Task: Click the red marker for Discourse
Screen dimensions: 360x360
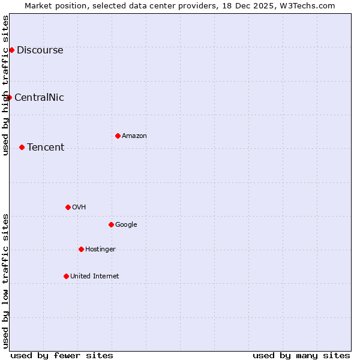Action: click(11, 50)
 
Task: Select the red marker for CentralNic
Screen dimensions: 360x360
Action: click(9, 97)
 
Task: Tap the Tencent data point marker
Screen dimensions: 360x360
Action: click(22, 147)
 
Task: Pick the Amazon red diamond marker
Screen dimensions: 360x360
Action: click(118, 136)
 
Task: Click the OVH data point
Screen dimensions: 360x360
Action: click(68, 207)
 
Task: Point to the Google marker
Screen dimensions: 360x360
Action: click(111, 224)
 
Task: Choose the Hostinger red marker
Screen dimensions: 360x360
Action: click(81, 249)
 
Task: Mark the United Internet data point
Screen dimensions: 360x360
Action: click(66, 276)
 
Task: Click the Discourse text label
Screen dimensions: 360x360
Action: click(40, 50)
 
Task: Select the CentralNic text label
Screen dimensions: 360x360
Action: click(39, 97)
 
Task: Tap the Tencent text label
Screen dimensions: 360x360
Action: click(46, 147)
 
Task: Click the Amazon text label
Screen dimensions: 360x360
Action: click(134, 136)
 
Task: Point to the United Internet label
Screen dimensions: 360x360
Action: click(94, 276)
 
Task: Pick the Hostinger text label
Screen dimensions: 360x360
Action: click(100, 249)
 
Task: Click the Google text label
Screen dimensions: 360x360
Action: click(126, 224)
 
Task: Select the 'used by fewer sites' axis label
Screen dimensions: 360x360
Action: click(62, 355)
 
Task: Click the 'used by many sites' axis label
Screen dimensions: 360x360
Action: click(301, 355)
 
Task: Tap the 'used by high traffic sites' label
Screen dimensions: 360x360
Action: click(5, 85)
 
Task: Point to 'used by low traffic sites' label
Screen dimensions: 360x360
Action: click(5, 281)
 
